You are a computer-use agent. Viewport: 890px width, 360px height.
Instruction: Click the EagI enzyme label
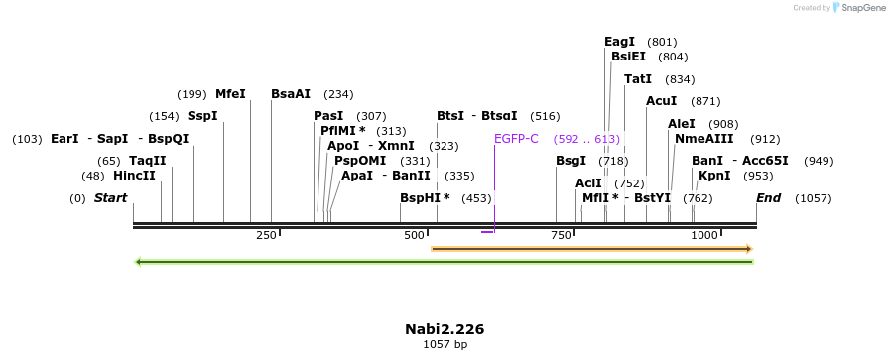pos(619,42)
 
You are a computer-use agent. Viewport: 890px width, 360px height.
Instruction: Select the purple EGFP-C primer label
pos(516,139)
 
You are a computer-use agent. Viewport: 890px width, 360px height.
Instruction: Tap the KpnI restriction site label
pos(714,176)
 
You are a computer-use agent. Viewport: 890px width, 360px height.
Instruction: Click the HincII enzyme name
pos(134,176)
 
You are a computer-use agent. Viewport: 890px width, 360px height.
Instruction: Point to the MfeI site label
pos(230,94)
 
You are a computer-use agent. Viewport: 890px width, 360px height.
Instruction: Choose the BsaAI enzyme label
pos(291,94)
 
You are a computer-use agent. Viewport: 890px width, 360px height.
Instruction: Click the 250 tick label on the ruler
pos(266,235)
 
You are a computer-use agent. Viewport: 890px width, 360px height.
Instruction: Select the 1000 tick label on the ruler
pos(704,235)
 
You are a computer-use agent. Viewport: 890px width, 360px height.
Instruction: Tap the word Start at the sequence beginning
pos(110,198)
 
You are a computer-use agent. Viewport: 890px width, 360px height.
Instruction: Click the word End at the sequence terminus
pos(768,198)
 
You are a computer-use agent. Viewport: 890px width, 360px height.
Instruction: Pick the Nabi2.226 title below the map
pos(445,329)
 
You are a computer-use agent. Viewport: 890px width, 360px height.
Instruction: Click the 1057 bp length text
pos(445,345)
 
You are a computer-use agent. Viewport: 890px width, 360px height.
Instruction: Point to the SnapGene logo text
pos(861,8)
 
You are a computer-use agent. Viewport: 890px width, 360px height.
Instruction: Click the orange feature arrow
pos(591,248)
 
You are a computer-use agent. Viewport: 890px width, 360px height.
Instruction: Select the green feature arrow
pos(444,262)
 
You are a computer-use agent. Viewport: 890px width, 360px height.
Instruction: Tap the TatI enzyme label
pos(638,79)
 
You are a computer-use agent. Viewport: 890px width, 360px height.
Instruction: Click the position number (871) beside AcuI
pos(705,101)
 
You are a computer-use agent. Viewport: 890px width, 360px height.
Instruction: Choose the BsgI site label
pos(571,161)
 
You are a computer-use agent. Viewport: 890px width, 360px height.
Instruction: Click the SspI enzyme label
pos(202,116)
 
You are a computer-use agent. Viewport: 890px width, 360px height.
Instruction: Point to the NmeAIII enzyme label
pos(703,139)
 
